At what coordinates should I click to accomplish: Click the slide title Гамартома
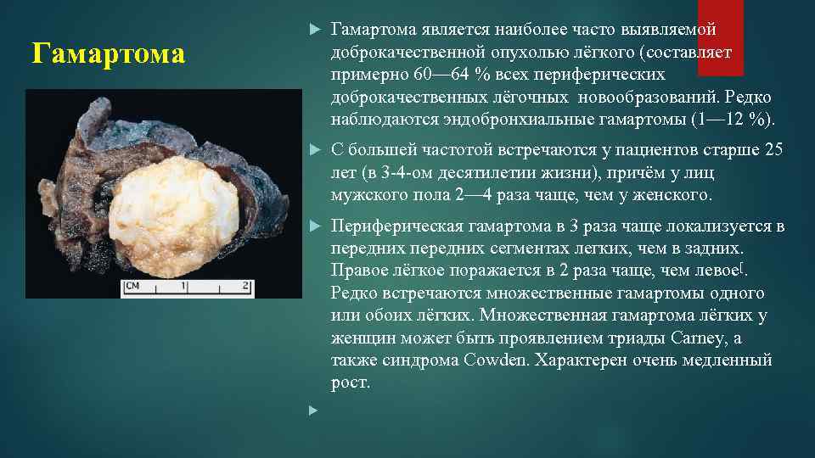[x=108, y=54]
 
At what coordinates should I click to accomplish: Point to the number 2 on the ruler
[x=245, y=286]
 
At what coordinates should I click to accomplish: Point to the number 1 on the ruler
[x=183, y=286]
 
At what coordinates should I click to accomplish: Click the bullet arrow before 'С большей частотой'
[x=312, y=150]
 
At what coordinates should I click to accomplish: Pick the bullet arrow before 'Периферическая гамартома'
[x=312, y=226]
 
